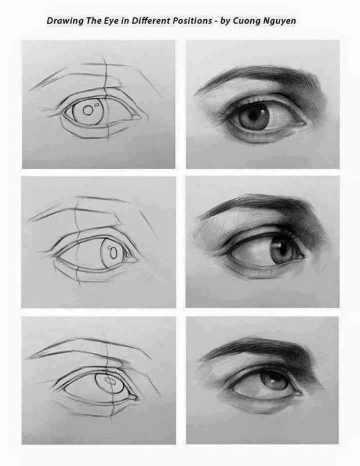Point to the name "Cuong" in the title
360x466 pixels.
coord(244,22)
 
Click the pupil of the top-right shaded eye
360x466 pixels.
coord(254,116)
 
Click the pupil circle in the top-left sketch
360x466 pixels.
coord(88,110)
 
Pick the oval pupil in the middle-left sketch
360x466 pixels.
coord(113,253)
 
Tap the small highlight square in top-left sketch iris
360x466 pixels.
coord(96,104)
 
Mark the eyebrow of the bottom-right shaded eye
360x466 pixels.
coord(262,348)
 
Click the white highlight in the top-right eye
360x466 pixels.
coord(263,112)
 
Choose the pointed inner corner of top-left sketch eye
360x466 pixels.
coord(139,117)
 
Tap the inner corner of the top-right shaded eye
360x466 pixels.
coord(304,123)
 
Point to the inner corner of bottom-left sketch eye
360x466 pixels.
coord(135,398)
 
